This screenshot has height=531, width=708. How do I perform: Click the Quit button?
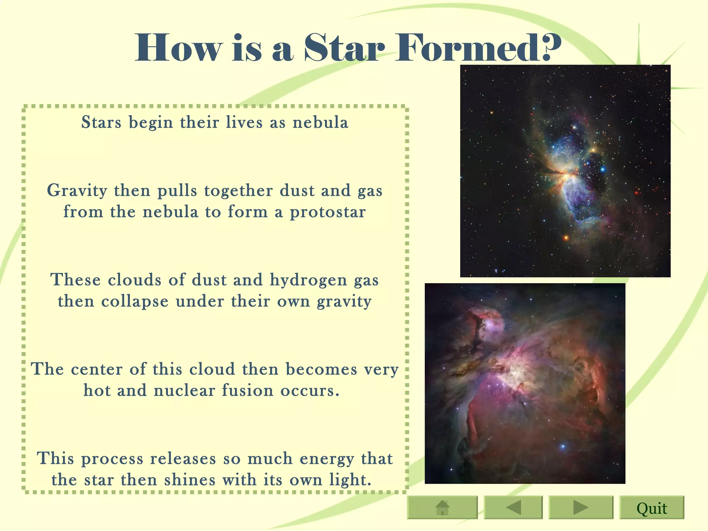652,508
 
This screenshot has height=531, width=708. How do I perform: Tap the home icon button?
442,508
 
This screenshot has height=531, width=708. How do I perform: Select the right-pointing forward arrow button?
580,508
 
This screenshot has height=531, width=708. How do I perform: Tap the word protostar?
327,212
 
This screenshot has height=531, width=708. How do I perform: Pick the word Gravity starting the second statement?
77,190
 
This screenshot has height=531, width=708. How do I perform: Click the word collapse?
135,301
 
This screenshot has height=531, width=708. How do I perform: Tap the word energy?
327,459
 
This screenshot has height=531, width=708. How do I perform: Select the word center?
96,369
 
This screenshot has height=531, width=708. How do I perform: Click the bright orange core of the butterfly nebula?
567,177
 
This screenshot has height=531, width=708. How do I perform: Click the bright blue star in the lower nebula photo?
563,446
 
